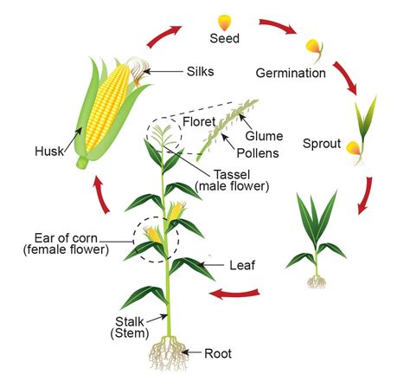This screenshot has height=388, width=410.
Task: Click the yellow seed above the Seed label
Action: point(224,23)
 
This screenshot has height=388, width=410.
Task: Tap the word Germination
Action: point(291,73)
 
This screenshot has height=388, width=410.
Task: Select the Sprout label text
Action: point(322,144)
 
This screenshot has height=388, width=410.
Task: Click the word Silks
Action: point(200,71)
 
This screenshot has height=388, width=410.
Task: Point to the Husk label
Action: point(49,152)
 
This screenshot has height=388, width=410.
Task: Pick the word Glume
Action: point(264,136)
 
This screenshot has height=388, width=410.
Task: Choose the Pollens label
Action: point(258,153)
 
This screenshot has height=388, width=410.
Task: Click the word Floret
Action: point(199,121)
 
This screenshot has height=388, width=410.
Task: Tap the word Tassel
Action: point(232,174)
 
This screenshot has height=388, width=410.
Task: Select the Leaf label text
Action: point(242,265)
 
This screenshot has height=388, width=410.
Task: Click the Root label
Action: point(218,353)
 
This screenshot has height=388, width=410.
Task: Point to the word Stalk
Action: point(130,321)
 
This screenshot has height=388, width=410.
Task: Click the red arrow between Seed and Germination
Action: point(278,26)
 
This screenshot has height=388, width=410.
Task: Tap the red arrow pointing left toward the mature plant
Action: point(234,294)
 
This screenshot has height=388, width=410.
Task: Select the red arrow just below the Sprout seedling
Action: point(365,196)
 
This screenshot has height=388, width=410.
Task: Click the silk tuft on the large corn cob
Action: point(138,71)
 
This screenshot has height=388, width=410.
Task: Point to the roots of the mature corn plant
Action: point(169,352)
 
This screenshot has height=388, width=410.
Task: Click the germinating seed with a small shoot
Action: point(315,50)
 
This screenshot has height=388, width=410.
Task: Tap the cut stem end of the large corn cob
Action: point(82,163)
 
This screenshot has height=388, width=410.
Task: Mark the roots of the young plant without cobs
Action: point(317,282)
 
